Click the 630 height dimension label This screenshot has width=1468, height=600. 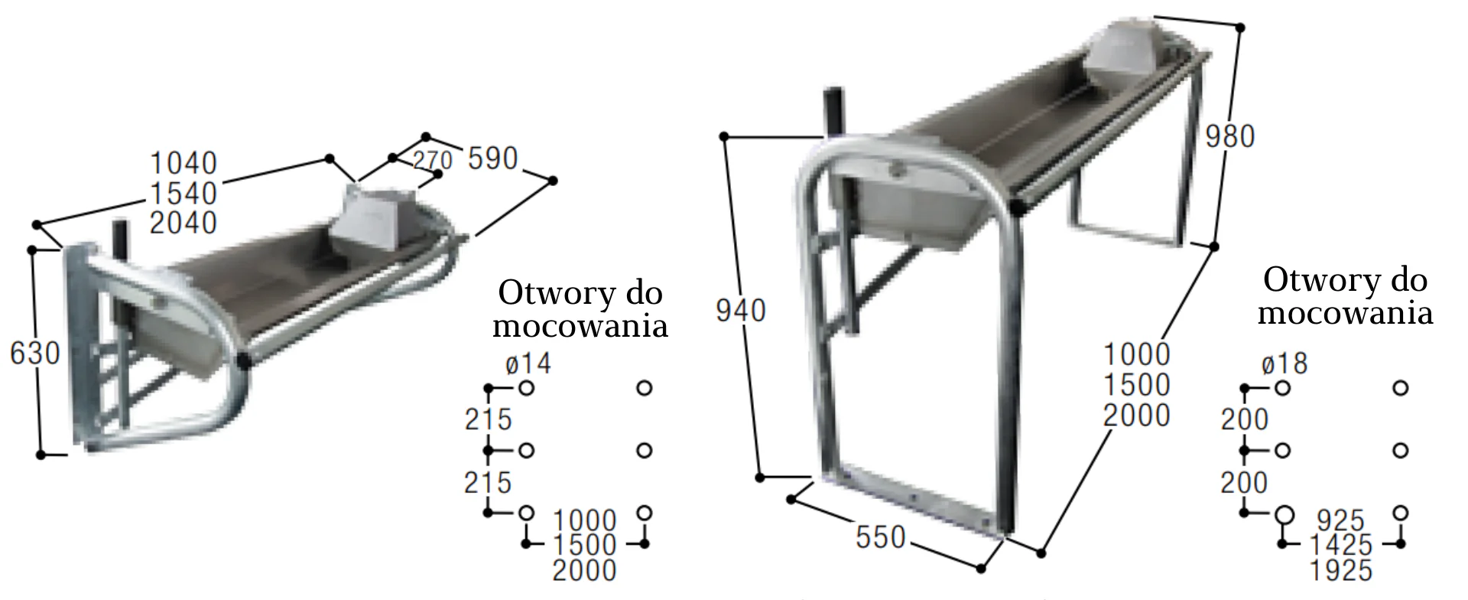click(35, 354)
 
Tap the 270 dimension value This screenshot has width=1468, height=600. click(433, 160)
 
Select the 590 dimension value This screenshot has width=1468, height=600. click(493, 158)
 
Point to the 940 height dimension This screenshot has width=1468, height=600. click(741, 311)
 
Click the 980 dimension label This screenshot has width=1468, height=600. click(1230, 136)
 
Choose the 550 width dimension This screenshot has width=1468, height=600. click(881, 537)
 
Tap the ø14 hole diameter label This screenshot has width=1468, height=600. click(528, 363)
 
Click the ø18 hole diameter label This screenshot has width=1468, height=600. click(1284, 363)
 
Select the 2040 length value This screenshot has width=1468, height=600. click(183, 223)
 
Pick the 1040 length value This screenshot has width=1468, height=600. click(183, 163)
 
